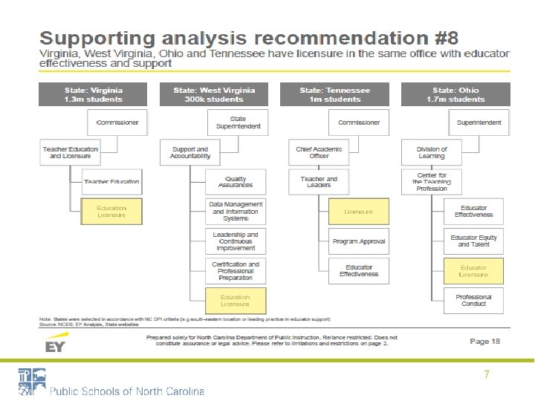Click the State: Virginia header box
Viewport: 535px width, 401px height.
click(93, 94)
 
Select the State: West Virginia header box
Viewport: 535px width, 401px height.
click(214, 94)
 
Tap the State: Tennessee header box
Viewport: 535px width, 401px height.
click(334, 94)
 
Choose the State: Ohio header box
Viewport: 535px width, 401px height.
click(455, 94)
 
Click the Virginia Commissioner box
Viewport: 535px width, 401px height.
click(118, 123)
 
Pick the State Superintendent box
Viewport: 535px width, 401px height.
click(238, 123)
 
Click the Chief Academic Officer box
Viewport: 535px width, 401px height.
click(319, 152)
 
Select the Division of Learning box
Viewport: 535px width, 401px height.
click(432, 152)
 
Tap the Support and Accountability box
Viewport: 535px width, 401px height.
click(190, 152)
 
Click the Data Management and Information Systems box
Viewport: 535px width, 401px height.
click(236, 212)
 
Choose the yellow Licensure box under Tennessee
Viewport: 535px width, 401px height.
click(358, 212)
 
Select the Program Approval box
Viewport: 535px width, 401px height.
click(358, 241)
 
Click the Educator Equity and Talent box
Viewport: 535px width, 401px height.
click(473, 241)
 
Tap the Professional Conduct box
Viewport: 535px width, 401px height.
click(473, 301)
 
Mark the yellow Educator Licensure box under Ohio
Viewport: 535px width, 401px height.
click(473, 271)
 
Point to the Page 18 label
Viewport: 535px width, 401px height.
click(484, 341)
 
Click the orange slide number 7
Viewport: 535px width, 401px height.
click(486, 375)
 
